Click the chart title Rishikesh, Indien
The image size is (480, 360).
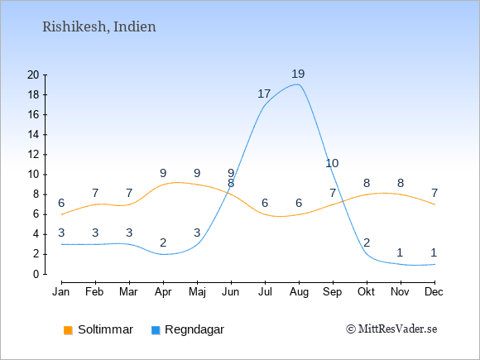[99, 27]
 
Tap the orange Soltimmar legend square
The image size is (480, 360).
[68, 330]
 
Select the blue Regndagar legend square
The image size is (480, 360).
[156, 330]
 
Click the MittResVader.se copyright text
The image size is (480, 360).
[391, 329]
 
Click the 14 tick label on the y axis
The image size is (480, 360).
[33, 134]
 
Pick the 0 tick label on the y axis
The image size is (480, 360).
[36, 274]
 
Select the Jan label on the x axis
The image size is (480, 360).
[61, 292]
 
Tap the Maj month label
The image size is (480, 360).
[197, 292]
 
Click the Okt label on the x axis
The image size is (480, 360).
[366, 292]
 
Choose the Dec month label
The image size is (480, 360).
[434, 292]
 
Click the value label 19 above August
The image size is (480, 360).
[298, 74]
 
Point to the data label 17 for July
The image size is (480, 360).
[264, 94]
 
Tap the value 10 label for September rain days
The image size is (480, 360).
[332, 164]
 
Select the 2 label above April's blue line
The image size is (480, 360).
[163, 243]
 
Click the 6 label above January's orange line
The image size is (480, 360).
[61, 204]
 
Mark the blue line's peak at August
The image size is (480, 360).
[298, 84]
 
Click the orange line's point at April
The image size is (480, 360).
[164, 185]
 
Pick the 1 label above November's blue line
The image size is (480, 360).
[400, 253]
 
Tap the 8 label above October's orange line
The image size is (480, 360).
[367, 184]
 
